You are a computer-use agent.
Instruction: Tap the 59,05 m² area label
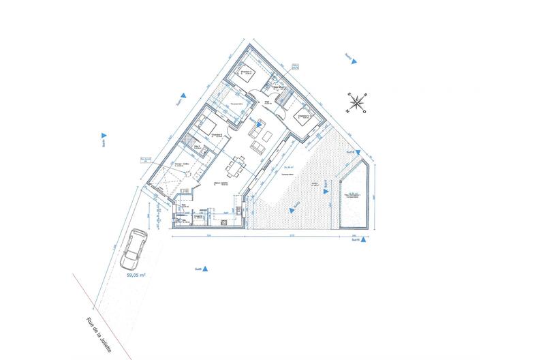click(x=137, y=276)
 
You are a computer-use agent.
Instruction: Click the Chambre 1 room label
click(x=305, y=115)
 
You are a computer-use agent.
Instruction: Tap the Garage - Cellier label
click(x=181, y=165)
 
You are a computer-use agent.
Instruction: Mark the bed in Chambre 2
click(x=206, y=125)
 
